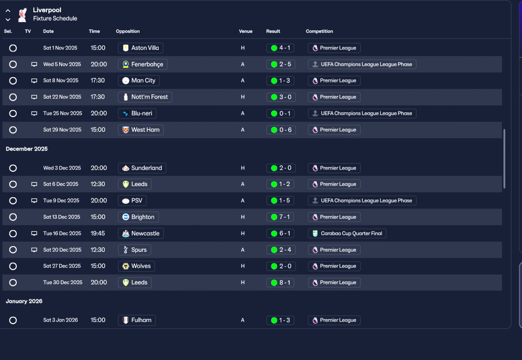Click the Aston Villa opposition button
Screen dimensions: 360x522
click(x=140, y=48)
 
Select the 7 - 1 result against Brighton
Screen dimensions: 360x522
click(x=280, y=217)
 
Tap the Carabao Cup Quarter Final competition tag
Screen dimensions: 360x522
click(x=347, y=233)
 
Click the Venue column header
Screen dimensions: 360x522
click(x=246, y=31)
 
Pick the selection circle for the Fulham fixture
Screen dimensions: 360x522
click(x=13, y=320)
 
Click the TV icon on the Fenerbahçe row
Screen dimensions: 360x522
click(x=34, y=64)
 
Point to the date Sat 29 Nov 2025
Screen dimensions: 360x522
click(x=62, y=130)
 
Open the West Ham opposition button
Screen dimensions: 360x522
click(x=141, y=130)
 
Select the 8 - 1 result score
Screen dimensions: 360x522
click(x=280, y=282)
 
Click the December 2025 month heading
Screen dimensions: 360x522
click(x=27, y=149)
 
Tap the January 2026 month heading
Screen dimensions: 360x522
click(x=24, y=301)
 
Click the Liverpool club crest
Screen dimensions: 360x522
click(x=22, y=14)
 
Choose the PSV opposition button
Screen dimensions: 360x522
click(x=132, y=201)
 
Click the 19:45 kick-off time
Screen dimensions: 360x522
click(x=98, y=233)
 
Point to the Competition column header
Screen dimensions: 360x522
click(x=319, y=31)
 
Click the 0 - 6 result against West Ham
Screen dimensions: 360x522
click(x=280, y=130)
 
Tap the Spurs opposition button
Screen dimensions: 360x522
click(x=135, y=250)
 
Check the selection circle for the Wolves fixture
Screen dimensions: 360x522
click(x=13, y=266)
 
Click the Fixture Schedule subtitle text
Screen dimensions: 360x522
click(x=55, y=18)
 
